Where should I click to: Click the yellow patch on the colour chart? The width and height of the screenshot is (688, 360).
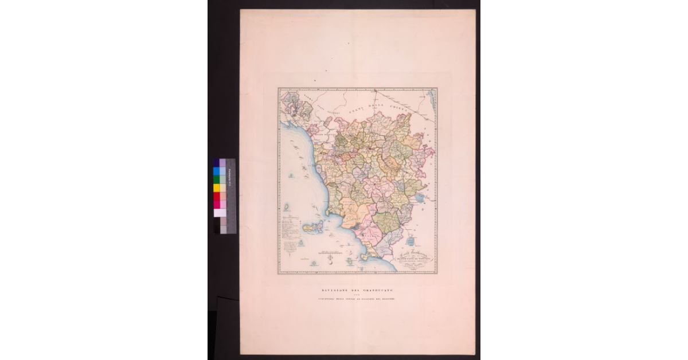pos(216,187)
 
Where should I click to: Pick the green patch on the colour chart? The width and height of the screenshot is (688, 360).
pos(216,179)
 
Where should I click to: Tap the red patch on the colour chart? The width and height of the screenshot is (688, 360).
pos(216,195)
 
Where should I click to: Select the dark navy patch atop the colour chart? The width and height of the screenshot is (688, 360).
pos(216,163)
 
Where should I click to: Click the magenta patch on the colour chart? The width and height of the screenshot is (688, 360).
pos(216,204)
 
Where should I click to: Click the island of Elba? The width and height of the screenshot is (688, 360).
pos(313,227)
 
